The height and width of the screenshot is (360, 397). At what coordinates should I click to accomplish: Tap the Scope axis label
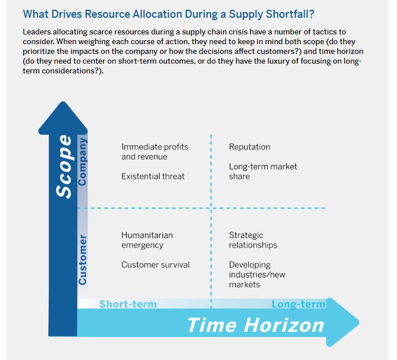(x=64, y=166)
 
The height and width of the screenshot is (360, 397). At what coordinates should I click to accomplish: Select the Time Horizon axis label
(x=256, y=325)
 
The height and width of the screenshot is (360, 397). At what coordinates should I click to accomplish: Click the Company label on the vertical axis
(x=83, y=162)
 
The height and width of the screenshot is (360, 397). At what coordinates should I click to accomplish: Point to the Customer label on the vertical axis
(x=83, y=260)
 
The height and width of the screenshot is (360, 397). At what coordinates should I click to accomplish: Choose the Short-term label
(x=128, y=304)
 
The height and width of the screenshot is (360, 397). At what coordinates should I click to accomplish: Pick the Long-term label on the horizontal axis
(x=298, y=304)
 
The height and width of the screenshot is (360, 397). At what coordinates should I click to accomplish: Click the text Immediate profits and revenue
(x=155, y=151)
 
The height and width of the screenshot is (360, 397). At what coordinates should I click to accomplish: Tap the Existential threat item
(x=153, y=176)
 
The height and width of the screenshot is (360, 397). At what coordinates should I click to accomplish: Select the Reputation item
(x=250, y=147)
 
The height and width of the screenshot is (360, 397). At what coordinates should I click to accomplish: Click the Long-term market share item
(x=263, y=171)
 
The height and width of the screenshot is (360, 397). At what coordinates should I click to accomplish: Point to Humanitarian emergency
(x=147, y=240)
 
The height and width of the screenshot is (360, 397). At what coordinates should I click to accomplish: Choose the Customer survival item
(x=155, y=265)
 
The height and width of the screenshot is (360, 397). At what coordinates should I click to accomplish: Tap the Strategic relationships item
(x=253, y=240)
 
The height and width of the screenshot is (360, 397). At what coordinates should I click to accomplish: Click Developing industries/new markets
(x=257, y=275)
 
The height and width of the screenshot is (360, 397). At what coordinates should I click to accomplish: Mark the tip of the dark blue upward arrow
(x=63, y=102)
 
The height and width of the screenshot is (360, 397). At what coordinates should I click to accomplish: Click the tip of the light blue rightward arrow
(x=359, y=322)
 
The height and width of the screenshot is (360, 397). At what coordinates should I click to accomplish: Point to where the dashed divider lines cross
(x=211, y=208)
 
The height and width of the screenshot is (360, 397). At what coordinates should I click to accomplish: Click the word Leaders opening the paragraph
(x=37, y=32)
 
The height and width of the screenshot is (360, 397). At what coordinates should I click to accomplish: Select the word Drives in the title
(x=67, y=14)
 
